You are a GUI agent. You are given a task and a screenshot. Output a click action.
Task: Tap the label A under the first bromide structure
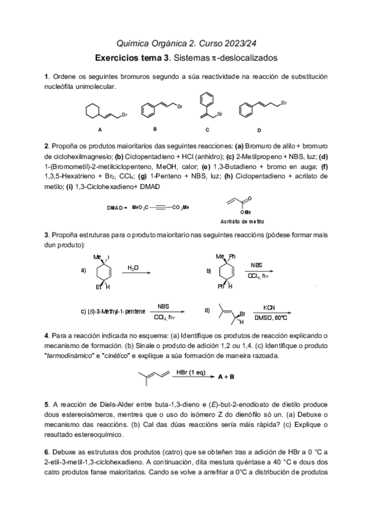(99, 130)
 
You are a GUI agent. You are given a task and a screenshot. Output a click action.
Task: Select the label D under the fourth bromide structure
(259, 131)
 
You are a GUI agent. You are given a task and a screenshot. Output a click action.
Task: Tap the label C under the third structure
(207, 129)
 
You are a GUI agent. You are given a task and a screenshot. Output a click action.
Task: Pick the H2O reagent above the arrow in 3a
(133, 267)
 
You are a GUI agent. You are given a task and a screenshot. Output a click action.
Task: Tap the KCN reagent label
(269, 307)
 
